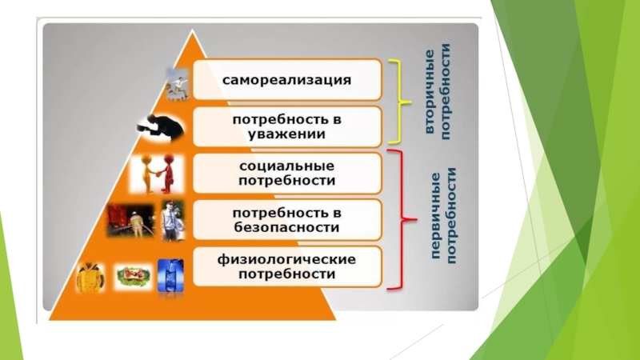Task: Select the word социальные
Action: point(286,166)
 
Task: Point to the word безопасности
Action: point(286,227)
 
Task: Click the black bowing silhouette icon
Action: point(158,124)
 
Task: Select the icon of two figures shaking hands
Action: point(158,174)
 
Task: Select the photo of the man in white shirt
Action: point(171,219)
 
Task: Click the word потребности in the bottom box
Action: point(286,274)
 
